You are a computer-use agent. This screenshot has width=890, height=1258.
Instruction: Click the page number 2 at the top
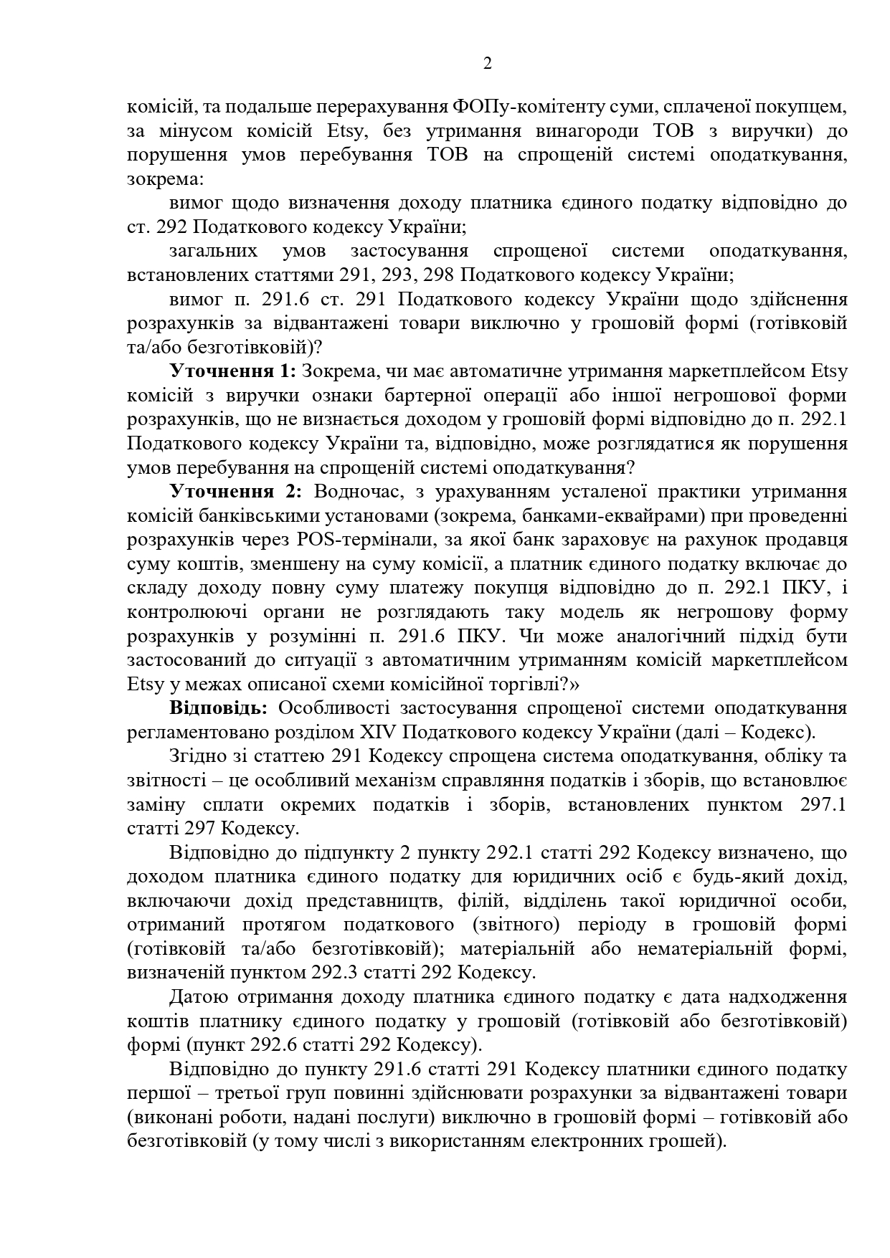pos(488,65)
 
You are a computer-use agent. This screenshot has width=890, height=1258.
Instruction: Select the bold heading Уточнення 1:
pos(232,371)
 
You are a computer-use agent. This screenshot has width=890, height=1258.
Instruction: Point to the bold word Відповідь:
pos(219,708)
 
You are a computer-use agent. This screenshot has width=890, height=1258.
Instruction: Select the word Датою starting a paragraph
pos(199,997)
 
